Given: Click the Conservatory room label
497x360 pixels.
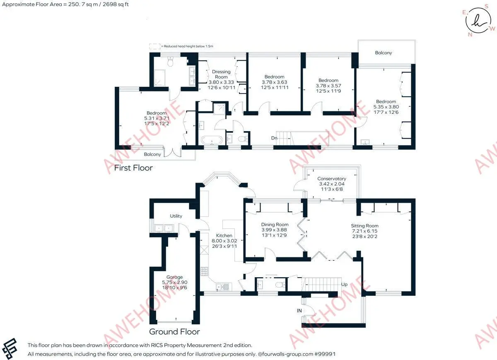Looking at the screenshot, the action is [332, 178].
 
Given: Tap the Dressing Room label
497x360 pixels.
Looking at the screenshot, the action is [221, 74].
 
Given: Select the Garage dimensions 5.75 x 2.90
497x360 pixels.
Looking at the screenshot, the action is [175, 282].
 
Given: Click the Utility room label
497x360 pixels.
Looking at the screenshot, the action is [176, 216].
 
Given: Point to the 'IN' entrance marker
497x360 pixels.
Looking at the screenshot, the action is [299, 311].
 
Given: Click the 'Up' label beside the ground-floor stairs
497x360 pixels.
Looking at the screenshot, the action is [344, 284].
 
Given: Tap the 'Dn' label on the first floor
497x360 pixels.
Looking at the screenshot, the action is [274, 138].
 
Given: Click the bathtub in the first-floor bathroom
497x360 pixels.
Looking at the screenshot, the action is [212, 140].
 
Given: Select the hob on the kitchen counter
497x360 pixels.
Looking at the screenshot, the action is [204, 271].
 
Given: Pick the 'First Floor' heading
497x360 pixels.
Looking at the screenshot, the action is [133, 168].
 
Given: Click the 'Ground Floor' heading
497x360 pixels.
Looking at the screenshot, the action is [174, 331].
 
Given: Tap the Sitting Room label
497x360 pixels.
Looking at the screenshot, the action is [364, 226].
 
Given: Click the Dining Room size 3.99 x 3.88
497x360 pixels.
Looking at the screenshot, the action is [274, 230].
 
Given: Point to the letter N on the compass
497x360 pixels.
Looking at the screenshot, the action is [470, 35].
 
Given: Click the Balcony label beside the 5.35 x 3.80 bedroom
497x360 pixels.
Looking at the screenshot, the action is [384, 53].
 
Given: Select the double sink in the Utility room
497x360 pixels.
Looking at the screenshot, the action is [164, 228].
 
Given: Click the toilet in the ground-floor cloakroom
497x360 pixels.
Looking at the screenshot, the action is [281, 285].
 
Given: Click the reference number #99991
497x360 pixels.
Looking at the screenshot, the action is [325, 354].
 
